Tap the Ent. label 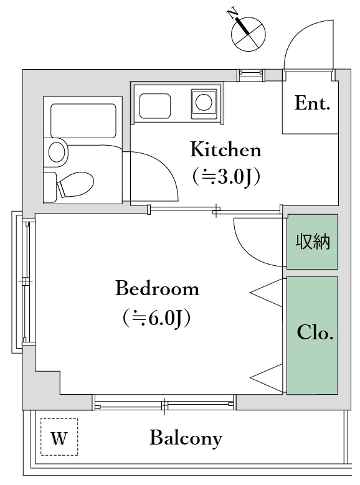[312, 103]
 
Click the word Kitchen [225, 150]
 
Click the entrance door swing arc [305, 47]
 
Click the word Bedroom [158, 289]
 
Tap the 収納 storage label [313, 242]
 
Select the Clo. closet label [315, 333]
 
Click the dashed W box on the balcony [59, 438]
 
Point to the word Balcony [186, 438]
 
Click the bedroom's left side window [26, 282]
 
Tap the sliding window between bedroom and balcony [165, 405]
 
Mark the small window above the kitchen [252, 75]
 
